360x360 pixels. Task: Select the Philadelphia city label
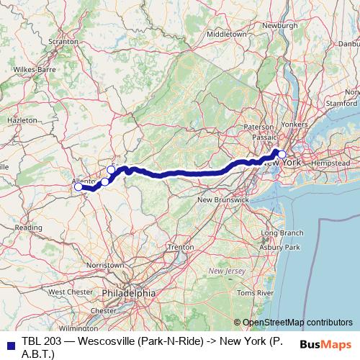[129, 294]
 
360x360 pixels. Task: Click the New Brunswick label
[222, 199]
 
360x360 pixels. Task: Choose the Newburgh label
[280, 25]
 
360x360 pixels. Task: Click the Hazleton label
[22, 120]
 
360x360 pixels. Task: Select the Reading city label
[29, 227]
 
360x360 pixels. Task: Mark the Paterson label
[259, 126]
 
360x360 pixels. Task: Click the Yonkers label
[294, 124]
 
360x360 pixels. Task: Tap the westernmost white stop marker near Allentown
[78, 186]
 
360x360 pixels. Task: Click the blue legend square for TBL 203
[8, 341]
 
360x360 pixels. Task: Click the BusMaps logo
[325, 343]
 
